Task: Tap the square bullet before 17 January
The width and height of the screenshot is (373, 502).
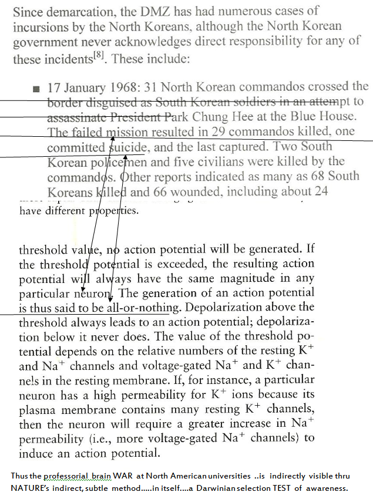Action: click(37, 88)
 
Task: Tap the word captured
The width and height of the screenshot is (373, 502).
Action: click(241, 147)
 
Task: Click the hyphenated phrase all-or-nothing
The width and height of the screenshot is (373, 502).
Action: click(143, 307)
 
